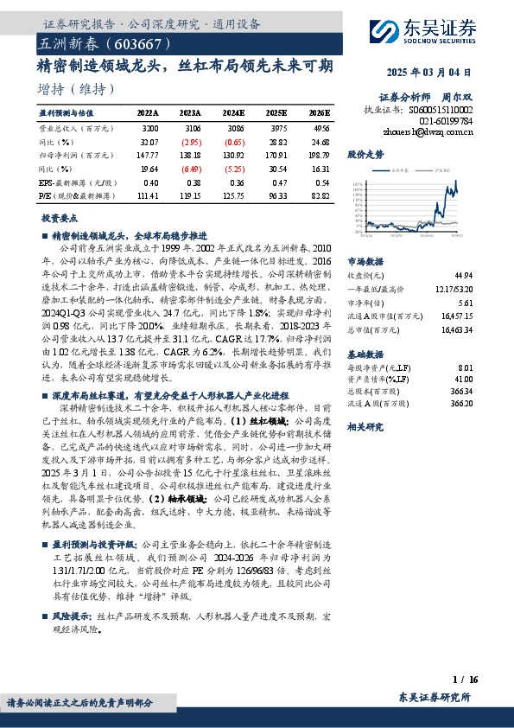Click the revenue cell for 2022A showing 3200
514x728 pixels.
[149, 127]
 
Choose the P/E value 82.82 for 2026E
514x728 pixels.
[320, 196]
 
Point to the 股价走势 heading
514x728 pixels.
[365, 154]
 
